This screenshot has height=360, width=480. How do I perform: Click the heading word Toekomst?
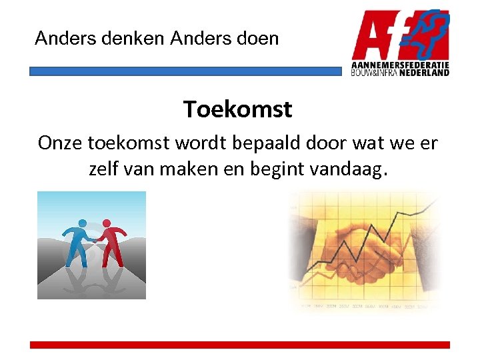click(237, 109)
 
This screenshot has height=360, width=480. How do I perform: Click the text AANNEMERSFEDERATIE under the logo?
click(400, 65)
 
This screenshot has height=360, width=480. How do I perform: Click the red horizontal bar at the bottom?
click(240, 345)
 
